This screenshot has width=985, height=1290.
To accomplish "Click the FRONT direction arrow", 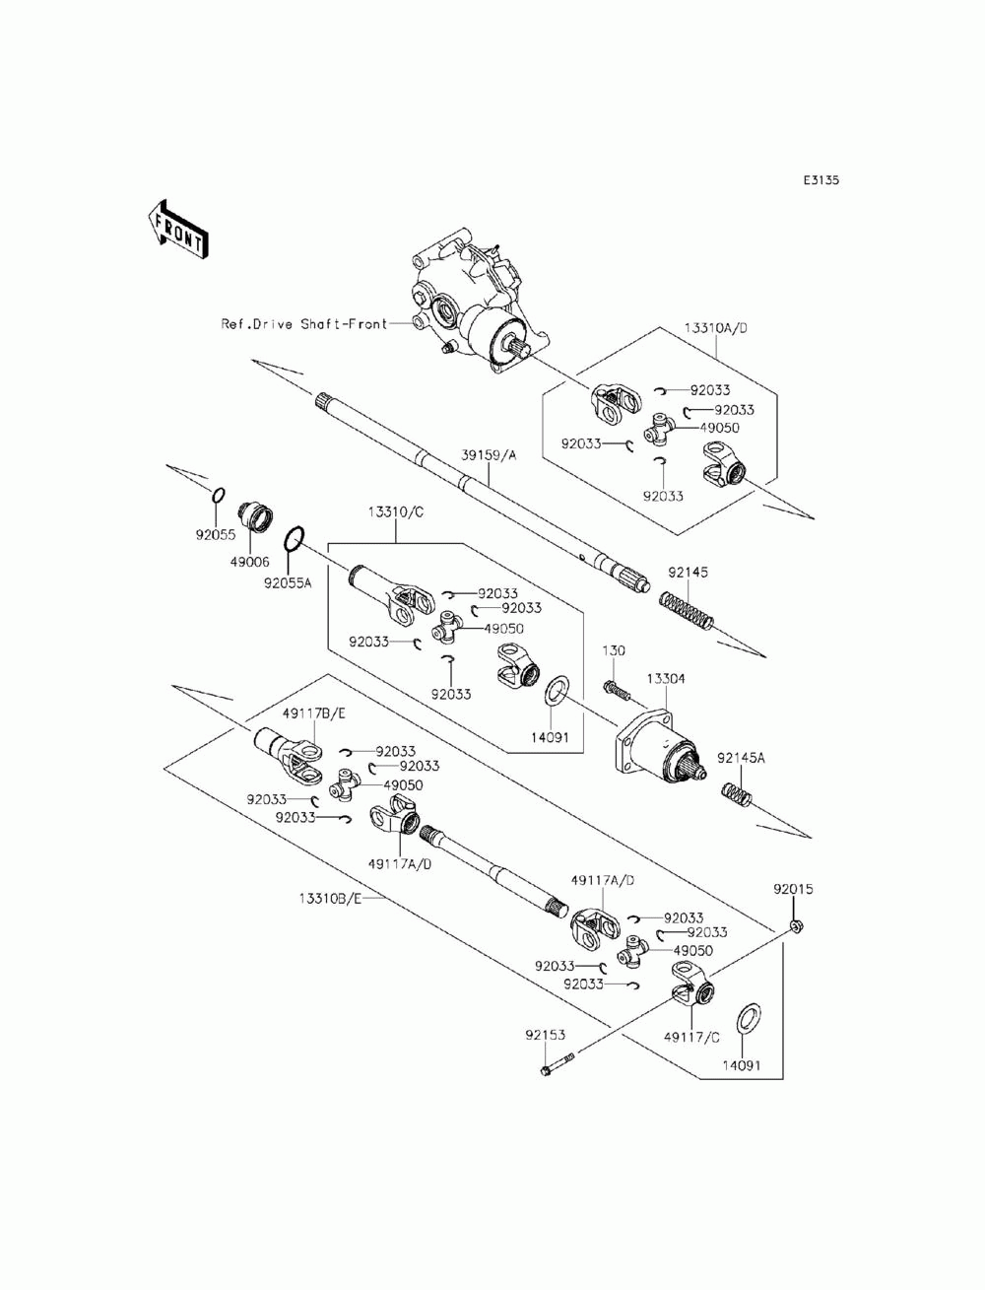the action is [177, 230].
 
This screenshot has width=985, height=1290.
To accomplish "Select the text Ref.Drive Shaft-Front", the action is [303, 324].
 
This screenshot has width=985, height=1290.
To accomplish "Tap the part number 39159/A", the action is [489, 455].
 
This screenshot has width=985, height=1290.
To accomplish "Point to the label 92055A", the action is [288, 583].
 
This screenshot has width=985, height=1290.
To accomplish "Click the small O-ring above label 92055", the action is [218, 495].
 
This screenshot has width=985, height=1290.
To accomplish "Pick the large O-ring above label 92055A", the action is [295, 539].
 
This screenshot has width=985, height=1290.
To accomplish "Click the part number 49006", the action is [249, 562].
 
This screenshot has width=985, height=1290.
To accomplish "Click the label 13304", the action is [666, 679].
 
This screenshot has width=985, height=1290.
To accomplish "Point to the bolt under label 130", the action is [617, 690].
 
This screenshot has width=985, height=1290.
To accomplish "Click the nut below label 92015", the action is [796, 926].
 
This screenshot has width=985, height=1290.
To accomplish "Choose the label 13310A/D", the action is [715, 328].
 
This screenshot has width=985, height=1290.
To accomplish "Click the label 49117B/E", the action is [314, 713].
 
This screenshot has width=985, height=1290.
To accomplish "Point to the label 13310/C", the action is [395, 511].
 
